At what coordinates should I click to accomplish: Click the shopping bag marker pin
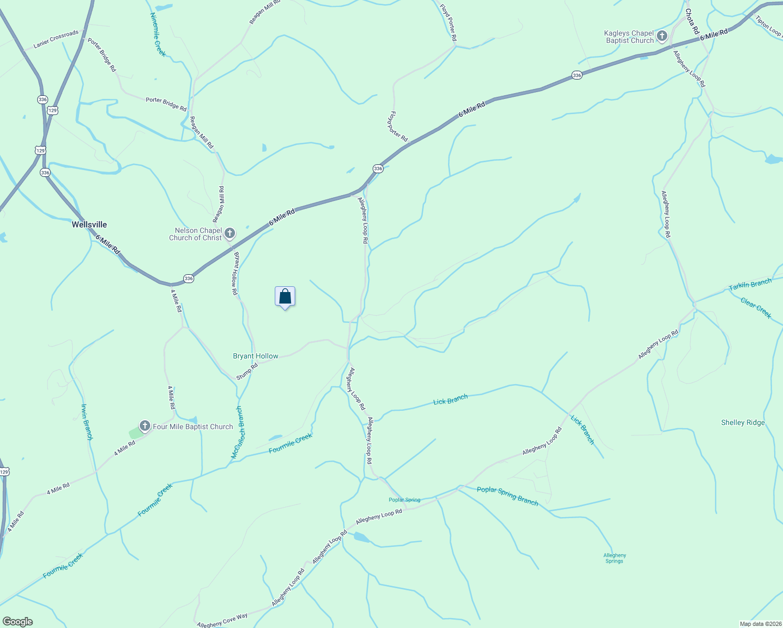pyautogui.click(x=285, y=297)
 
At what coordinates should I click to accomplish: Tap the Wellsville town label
pyautogui.click(x=89, y=225)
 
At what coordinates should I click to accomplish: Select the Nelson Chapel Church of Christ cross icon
pyautogui.click(x=229, y=233)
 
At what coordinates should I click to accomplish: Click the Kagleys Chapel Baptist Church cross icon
pyautogui.click(x=662, y=36)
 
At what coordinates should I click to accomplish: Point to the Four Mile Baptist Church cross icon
pyautogui.click(x=144, y=426)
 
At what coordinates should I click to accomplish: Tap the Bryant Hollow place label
pyautogui.click(x=255, y=356)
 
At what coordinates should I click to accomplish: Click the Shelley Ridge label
pyautogui.click(x=743, y=422)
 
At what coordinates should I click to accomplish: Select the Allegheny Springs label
pyautogui.click(x=614, y=558)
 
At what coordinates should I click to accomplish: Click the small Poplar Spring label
pyautogui.click(x=404, y=500)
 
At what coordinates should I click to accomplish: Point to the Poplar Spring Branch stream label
pyautogui.click(x=507, y=496)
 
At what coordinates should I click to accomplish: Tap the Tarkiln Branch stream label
pyautogui.click(x=750, y=285)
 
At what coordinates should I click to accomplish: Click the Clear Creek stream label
pyautogui.click(x=756, y=308)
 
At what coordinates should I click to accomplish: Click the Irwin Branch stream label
pyautogui.click(x=86, y=422)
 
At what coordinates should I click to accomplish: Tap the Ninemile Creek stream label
pyautogui.click(x=158, y=35)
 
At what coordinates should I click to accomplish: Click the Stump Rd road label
pyautogui.click(x=247, y=372)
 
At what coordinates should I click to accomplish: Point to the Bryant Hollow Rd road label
pyautogui.click(x=236, y=273)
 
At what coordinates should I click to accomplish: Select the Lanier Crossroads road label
pyautogui.click(x=56, y=39)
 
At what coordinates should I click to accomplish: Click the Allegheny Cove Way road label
pyautogui.click(x=222, y=621)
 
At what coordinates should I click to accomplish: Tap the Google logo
pyautogui.click(x=17, y=621)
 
